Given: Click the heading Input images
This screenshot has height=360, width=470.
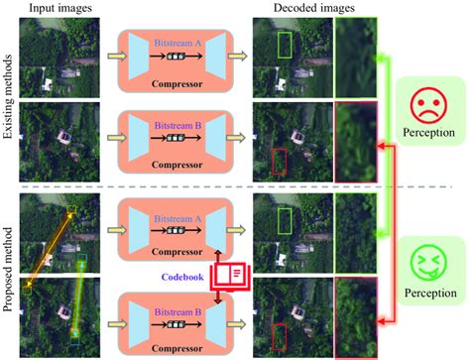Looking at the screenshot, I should (61, 10).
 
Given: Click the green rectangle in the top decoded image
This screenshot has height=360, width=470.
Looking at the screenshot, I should (286, 46).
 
